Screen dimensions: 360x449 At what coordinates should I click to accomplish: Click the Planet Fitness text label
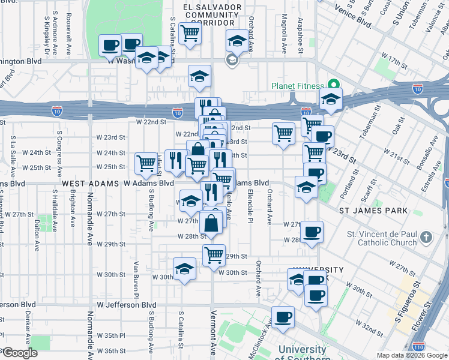click(297, 86)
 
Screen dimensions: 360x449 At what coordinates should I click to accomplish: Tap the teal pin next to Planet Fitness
click(330, 85)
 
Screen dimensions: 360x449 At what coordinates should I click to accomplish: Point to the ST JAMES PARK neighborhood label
click(373, 211)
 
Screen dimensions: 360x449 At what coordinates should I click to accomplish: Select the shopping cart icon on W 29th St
click(214, 255)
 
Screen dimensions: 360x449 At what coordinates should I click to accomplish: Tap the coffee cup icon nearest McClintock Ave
click(283, 317)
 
